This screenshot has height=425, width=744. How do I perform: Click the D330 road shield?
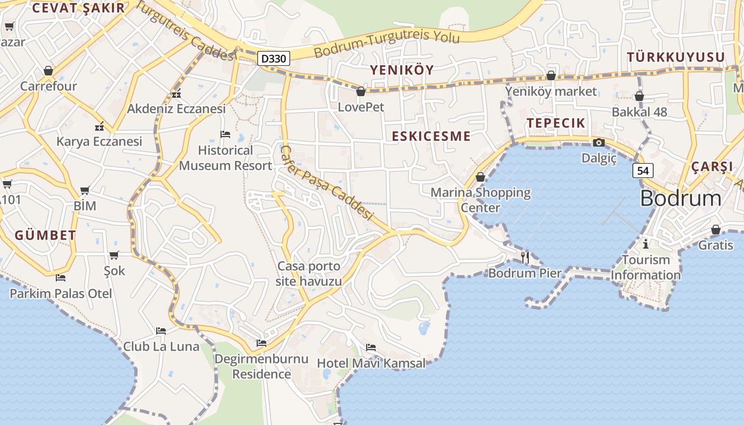coord(274,58)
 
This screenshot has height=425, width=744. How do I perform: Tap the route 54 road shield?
coord(643,171)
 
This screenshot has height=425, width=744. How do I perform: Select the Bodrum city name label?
coord(681,198)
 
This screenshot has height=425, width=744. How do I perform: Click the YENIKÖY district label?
coord(402,70)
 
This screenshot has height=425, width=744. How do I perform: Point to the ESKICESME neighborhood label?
coord(431,136)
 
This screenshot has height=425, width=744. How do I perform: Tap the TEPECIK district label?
coord(556,123)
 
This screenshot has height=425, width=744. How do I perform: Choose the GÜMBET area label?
coord(45,235)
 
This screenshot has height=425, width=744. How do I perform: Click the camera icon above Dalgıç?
coord(599,142)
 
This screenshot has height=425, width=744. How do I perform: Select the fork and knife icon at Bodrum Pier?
coord(525,257)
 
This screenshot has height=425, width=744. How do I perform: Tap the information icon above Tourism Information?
coord(646,244)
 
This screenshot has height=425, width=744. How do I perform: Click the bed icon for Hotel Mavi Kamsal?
coord(371,347)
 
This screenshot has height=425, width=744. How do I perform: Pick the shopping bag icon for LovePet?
coord(361,91)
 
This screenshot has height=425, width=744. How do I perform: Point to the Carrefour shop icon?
coord(48,71)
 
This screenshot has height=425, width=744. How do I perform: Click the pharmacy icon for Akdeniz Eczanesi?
coord(176,94)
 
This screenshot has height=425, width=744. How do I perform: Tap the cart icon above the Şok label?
coord(114,255)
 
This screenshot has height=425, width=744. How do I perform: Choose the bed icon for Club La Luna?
coord(161,331)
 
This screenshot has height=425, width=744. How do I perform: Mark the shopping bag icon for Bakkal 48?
coord(639,96)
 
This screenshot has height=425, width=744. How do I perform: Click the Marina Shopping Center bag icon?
coord(480,177)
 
